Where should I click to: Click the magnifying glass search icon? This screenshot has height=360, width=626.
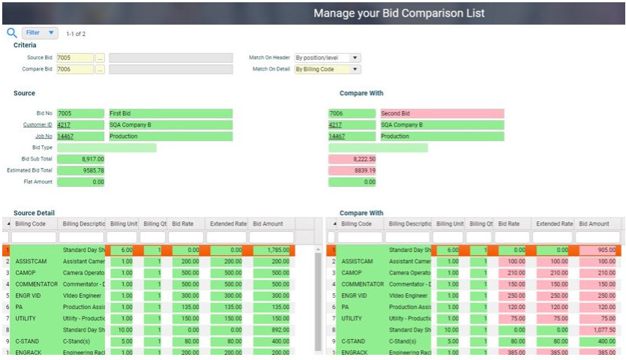[x=11, y=33]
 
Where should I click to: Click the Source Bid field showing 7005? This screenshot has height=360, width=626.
[x=75, y=58]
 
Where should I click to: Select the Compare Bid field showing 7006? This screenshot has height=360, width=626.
[x=75, y=70]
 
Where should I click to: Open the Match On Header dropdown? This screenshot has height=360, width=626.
[x=327, y=58]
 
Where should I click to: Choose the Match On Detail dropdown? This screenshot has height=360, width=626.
[x=327, y=70]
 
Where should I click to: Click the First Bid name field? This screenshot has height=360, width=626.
[x=170, y=114]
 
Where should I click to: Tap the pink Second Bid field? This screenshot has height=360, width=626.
[x=442, y=114]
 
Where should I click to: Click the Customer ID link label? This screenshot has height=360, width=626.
[x=37, y=125]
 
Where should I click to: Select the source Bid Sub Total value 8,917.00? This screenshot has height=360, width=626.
[x=81, y=159]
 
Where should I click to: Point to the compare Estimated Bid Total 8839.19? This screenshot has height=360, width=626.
[x=352, y=170]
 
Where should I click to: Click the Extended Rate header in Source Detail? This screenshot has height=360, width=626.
[x=229, y=223]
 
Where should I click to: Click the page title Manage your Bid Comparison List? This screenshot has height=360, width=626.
[x=399, y=13]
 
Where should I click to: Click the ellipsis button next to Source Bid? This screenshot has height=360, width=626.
[x=100, y=58]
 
